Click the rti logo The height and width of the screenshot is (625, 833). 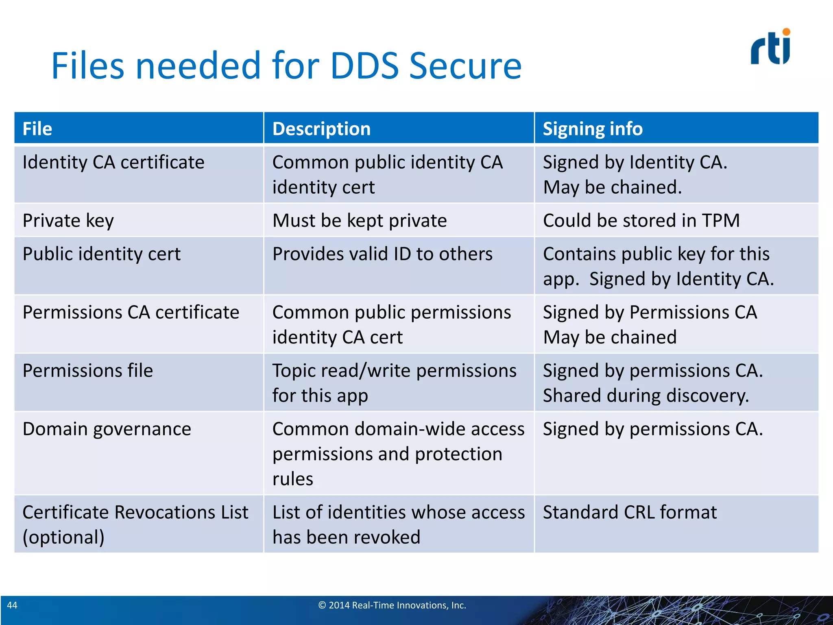(770, 47)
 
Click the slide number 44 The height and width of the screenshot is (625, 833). (12, 605)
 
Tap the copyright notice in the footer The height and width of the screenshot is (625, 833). (392, 605)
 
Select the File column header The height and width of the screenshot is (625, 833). (37, 129)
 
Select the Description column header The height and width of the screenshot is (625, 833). (321, 129)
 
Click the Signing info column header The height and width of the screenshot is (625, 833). (593, 129)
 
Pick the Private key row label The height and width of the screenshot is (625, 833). (68, 221)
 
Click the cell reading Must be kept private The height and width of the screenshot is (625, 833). (360, 221)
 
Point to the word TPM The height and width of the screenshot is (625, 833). (720, 221)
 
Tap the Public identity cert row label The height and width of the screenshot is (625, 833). (102, 254)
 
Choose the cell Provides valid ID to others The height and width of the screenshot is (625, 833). (382, 254)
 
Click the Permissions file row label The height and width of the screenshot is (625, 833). (88, 371)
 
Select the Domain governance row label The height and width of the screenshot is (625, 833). (107, 429)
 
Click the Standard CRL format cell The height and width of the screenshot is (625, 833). (630, 512)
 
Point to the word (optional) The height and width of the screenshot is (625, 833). (63, 537)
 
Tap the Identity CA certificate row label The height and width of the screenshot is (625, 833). (113, 162)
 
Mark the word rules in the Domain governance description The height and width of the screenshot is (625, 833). (293, 479)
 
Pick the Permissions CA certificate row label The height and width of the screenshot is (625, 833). (131, 312)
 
